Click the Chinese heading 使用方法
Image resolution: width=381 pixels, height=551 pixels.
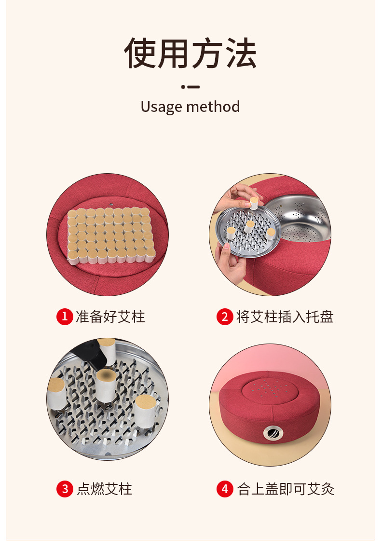coord(190,53)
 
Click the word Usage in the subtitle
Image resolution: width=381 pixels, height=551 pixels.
coord(162,107)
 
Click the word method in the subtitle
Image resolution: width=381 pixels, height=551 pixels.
coord(213,107)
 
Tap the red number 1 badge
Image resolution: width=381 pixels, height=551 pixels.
coord(65,317)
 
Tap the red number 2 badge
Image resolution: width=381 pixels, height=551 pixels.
coord(225,317)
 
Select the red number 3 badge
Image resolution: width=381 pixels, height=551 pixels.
coord(65,489)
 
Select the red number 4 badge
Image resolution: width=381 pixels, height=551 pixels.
coord(225,489)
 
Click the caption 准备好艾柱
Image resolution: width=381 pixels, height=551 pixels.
coord(110,317)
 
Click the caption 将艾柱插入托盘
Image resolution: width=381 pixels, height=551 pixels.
coord(285,317)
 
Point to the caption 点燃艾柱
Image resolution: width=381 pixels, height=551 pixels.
coord(104,489)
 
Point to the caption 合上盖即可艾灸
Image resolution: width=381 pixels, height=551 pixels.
coord(286,489)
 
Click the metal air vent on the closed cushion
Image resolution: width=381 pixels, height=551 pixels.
coord(273,433)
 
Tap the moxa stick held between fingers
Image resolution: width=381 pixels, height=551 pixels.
coord(254,203)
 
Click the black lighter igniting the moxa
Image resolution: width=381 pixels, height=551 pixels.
coord(92,353)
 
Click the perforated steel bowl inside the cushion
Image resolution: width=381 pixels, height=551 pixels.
coord(299,218)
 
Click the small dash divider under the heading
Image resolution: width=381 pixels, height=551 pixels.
coord(190,87)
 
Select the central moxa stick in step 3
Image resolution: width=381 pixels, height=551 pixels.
coord(106,386)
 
